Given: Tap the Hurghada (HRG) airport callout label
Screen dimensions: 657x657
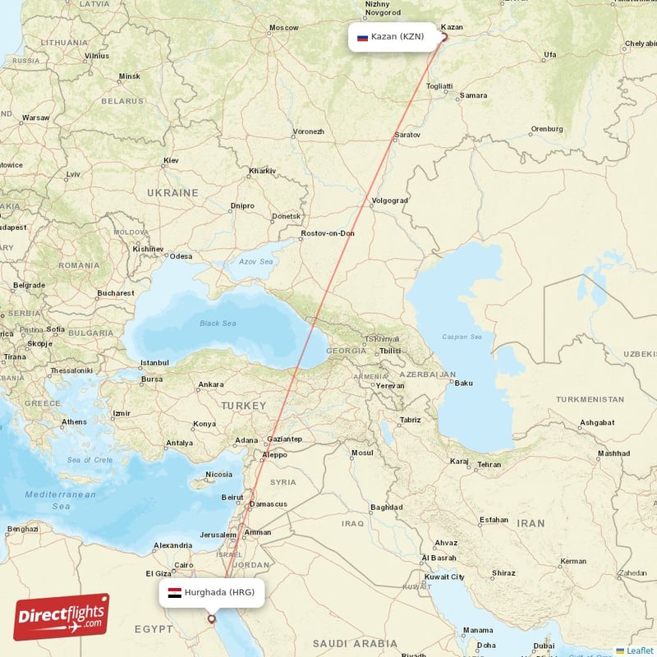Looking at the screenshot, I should point(212,592).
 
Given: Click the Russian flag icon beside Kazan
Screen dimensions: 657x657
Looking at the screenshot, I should point(362,37).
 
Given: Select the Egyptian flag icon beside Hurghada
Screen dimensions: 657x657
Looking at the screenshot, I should point(174,592).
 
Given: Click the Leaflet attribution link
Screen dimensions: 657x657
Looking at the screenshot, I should point(639,650).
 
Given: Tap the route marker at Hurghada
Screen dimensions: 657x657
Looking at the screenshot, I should point(212,619).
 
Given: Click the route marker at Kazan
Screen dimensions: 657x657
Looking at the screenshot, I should point(444,36).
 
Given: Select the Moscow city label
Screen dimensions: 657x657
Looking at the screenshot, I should point(284,28).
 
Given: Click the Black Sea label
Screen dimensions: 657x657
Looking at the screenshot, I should point(218,323).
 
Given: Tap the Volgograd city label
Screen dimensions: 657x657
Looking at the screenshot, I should point(389,200).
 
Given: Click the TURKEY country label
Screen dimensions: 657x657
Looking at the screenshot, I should point(243,406).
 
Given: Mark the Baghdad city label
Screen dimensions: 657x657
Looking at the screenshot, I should point(386,508).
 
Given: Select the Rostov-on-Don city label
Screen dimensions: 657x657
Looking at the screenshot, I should point(328,233).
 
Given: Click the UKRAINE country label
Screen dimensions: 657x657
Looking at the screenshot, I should point(172,192).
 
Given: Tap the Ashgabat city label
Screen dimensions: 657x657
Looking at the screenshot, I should point(597,422).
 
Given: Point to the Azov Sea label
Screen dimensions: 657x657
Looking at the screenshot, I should point(255,261).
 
